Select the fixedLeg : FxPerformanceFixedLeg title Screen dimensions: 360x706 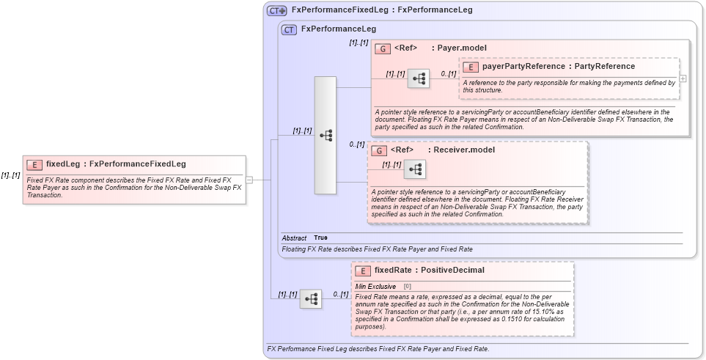click(x=116, y=164)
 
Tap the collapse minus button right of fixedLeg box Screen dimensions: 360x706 click(x=249, y=179)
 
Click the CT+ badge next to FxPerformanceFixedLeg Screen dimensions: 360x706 click(x=276, y=10)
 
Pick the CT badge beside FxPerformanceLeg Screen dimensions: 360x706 click(x=289, y=30)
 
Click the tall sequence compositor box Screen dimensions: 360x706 click(x=326, y=135)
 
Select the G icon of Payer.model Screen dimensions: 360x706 click(x=382, y=48)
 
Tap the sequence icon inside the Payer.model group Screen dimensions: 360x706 click(x=419, y=78)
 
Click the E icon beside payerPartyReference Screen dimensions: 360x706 click(x=471, y=67)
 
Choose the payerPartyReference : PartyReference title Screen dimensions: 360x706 click(x=559, y=67)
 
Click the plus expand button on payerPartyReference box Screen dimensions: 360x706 click(x=683, y=78)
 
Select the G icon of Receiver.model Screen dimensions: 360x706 click(x=379, y=150)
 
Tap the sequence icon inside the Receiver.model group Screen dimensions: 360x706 click(x=415, y=169)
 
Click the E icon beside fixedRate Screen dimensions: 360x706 click(x=362, y=271)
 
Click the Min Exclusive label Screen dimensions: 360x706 click(x=375, y=286)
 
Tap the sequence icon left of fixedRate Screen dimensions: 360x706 click(x=311, y=298)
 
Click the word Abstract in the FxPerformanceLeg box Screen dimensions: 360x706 click(x=295, y=238)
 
